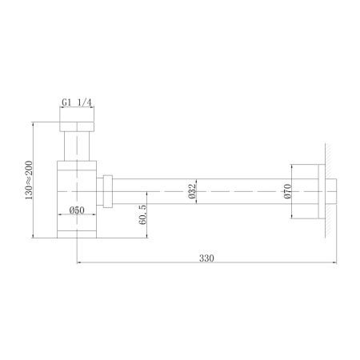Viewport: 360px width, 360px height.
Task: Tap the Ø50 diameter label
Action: [77, 210]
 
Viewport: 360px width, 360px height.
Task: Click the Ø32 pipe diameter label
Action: [193, 192]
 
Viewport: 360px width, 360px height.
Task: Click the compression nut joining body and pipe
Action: [109, 192]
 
